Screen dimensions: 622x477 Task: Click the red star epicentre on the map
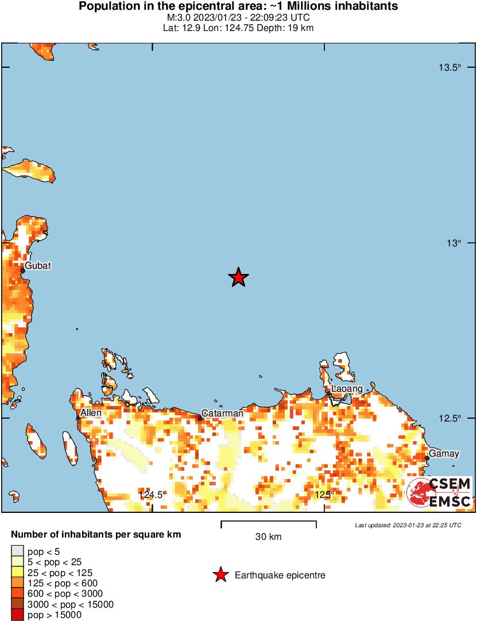[x=238, y=277]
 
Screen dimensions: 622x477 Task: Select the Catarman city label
[x=222, y=413]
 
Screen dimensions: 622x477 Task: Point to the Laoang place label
[x=347, y=389]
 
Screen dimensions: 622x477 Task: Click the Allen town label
[x=91, y=412]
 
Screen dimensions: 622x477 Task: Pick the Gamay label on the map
[x=444, y=454]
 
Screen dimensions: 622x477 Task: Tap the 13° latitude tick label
[x=453, y=243]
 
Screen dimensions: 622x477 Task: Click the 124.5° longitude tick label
[x=152, y=494]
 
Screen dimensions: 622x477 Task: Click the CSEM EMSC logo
[x=440, y=493]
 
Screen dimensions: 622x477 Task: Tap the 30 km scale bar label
[x=269, y=537]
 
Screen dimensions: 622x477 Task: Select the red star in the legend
[x=220, y=575]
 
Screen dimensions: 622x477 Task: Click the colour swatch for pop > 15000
[x=17, y=615]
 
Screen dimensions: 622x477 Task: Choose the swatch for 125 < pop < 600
[x=17, y=584]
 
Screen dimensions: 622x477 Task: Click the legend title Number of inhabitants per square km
[x=96, y=535]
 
